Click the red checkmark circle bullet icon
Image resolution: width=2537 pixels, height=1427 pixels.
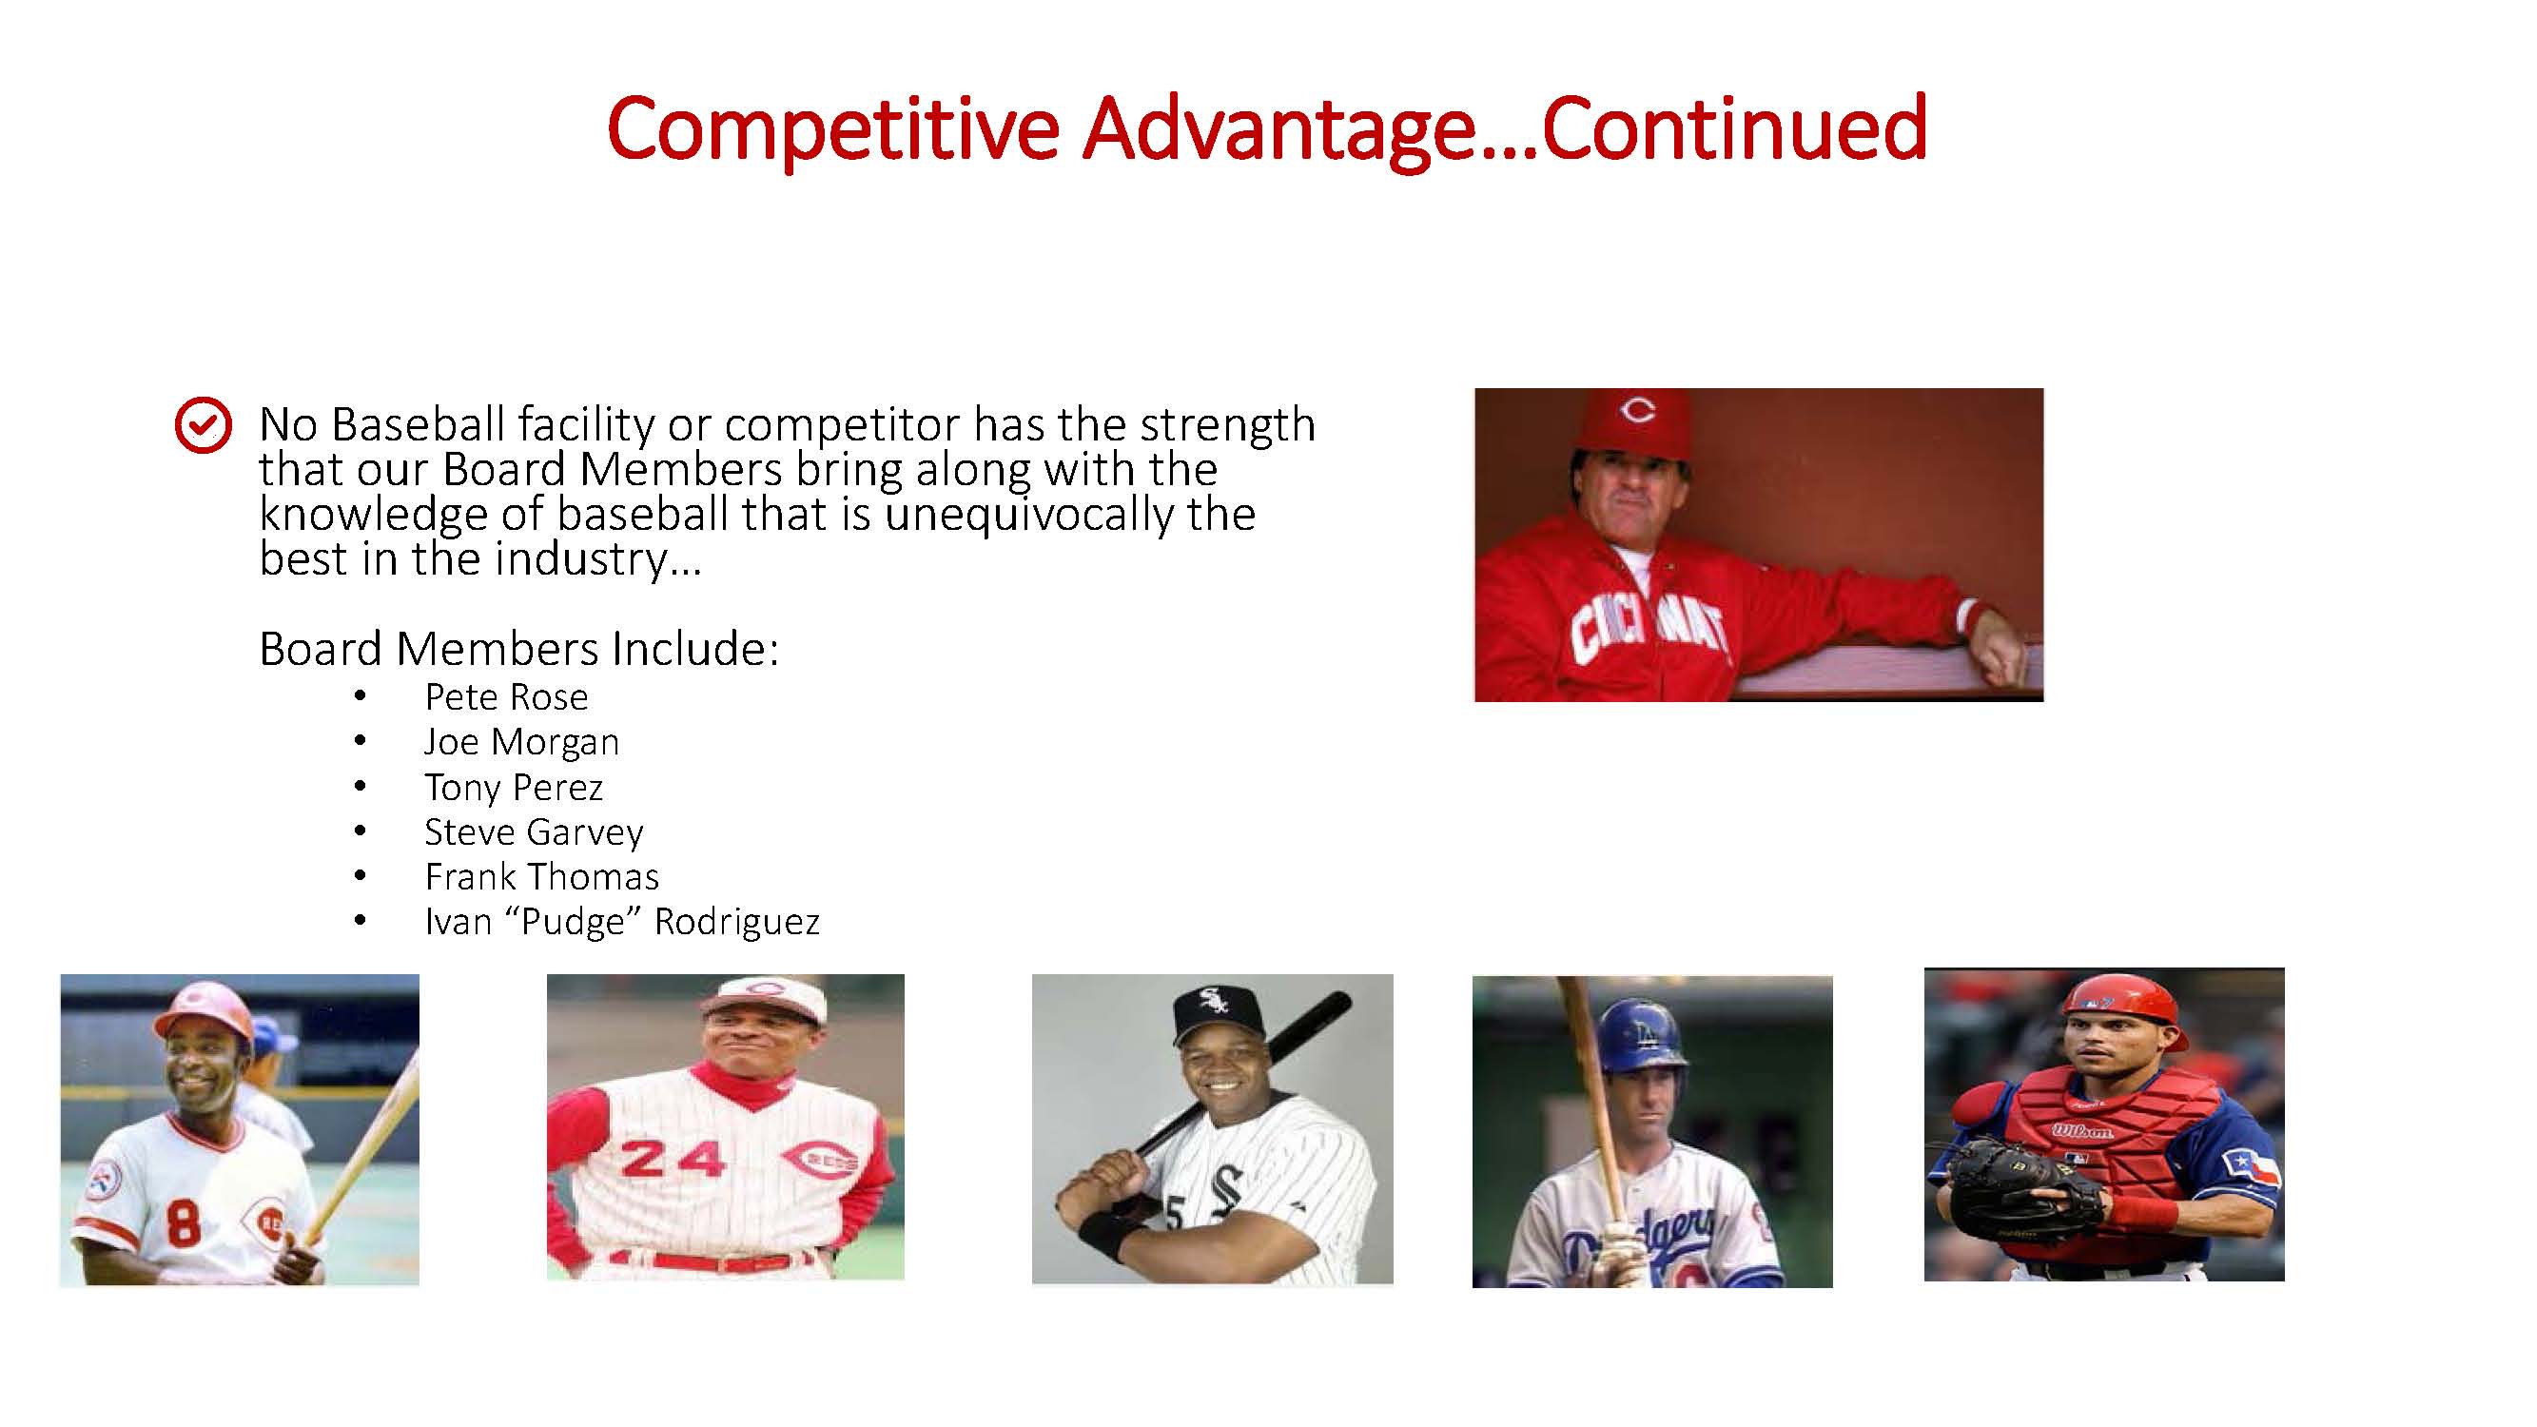(x=203, y=425)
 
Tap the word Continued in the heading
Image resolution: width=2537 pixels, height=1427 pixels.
(x=1733, y=128)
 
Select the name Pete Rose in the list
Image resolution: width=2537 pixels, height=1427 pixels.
(x=506, y=696)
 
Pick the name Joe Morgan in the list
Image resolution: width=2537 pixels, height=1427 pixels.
(x=522, y=742)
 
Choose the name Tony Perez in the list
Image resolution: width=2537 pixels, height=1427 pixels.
(x=513, y=787)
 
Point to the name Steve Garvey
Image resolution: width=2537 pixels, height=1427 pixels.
(x=534, y=832)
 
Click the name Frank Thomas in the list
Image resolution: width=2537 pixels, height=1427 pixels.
(x=541, y=876)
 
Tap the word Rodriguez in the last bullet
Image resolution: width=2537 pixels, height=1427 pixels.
(x=736, y=923)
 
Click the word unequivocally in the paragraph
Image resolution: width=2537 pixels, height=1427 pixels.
(x=1028, y=515)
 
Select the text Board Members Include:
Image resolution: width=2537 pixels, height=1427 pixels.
(x=519, y=649)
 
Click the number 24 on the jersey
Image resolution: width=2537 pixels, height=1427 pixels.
(x=673, y=1159)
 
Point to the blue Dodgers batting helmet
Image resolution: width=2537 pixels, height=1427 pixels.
(x=1643, y=1034)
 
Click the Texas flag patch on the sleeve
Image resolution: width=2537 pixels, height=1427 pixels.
(x=2251, y=1168)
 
